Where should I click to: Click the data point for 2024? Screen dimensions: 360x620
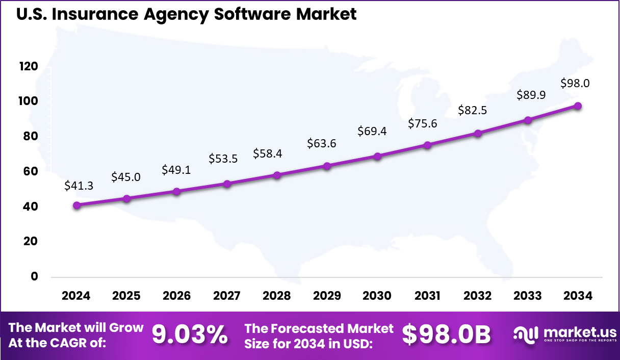tap(76, 205)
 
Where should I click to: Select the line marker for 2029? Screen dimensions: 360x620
tap(327, 166)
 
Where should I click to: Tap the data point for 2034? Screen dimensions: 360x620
tap(578, 106)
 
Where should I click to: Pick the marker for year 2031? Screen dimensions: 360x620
tap(427, 145)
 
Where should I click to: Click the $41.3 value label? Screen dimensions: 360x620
tap(79, 186)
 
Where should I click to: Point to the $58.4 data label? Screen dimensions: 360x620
tap(268, 153)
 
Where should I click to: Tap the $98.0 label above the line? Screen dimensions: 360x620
tap(575, 83)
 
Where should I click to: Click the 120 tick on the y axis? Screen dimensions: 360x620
tap(29, 66)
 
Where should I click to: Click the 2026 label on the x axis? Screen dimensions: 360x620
tap(176, 296)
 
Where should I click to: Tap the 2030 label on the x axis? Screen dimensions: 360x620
tap(377, 296)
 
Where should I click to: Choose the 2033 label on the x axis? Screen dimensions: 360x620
tap(528, 296)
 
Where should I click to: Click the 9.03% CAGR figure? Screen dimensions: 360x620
tap(190, 335)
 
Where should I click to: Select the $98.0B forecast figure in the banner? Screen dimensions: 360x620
tap(446, 335)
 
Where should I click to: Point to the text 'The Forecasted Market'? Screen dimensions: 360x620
tap(319, 327)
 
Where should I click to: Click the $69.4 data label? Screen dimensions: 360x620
tap(372, 131)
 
